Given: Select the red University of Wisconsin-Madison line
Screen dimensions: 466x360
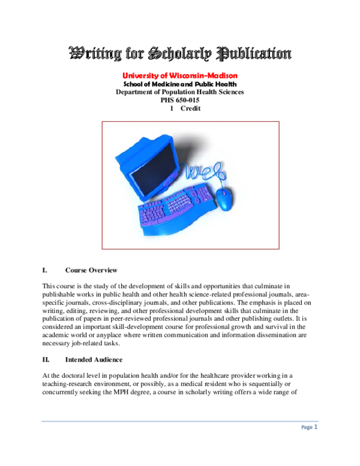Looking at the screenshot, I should pyautogui.click(x=180, y=76).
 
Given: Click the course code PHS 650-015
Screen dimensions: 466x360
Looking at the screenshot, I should pyautogui.click(x=180, y=100).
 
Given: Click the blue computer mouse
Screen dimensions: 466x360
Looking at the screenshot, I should pyautogui.click(x=223, y=198).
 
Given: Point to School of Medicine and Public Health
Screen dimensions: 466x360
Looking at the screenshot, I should pyautogui.click(x=180, y=84).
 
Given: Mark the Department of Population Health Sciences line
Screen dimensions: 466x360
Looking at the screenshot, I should pyautogui.click(x=180, y=92).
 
